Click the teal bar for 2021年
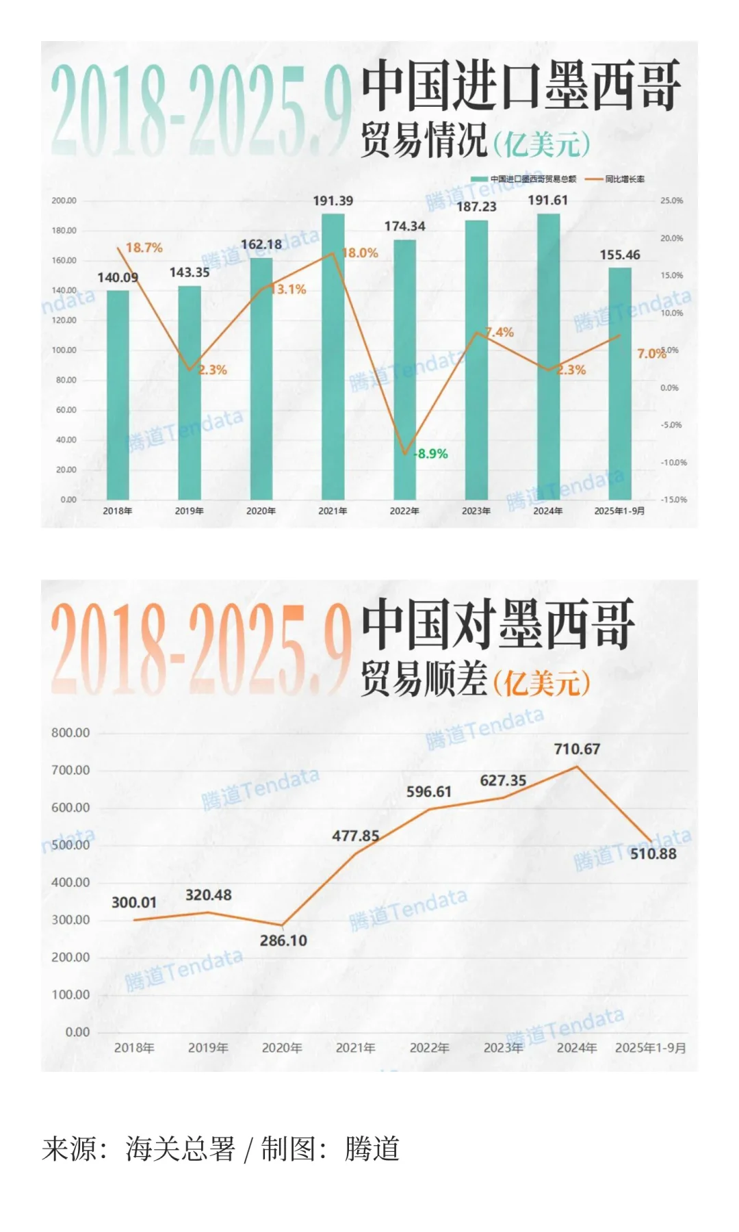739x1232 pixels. click(333, 356)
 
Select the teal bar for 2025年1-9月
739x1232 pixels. click(620, 383)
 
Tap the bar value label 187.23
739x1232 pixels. click(477, 207)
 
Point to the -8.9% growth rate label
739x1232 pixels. click(431, 454)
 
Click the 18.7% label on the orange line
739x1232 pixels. click(144, 248)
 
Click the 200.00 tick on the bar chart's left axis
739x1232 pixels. click(64, 201)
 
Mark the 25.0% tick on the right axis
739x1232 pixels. click(671, 201)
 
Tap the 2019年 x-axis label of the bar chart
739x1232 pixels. click(190, 511)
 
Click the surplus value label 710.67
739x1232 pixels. click(577, 749)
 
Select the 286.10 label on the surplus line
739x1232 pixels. click(283, 941)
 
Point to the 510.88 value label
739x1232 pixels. click(653, 854)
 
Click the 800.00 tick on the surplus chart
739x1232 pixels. click(70, 733)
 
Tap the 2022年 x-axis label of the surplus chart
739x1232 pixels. click(430, 1048)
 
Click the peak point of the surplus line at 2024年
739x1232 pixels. click(577, 767)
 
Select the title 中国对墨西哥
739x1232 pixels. click(498, 624)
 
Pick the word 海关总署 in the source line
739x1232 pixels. click(180, 1149)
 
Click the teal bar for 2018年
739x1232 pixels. click(118, 395)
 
